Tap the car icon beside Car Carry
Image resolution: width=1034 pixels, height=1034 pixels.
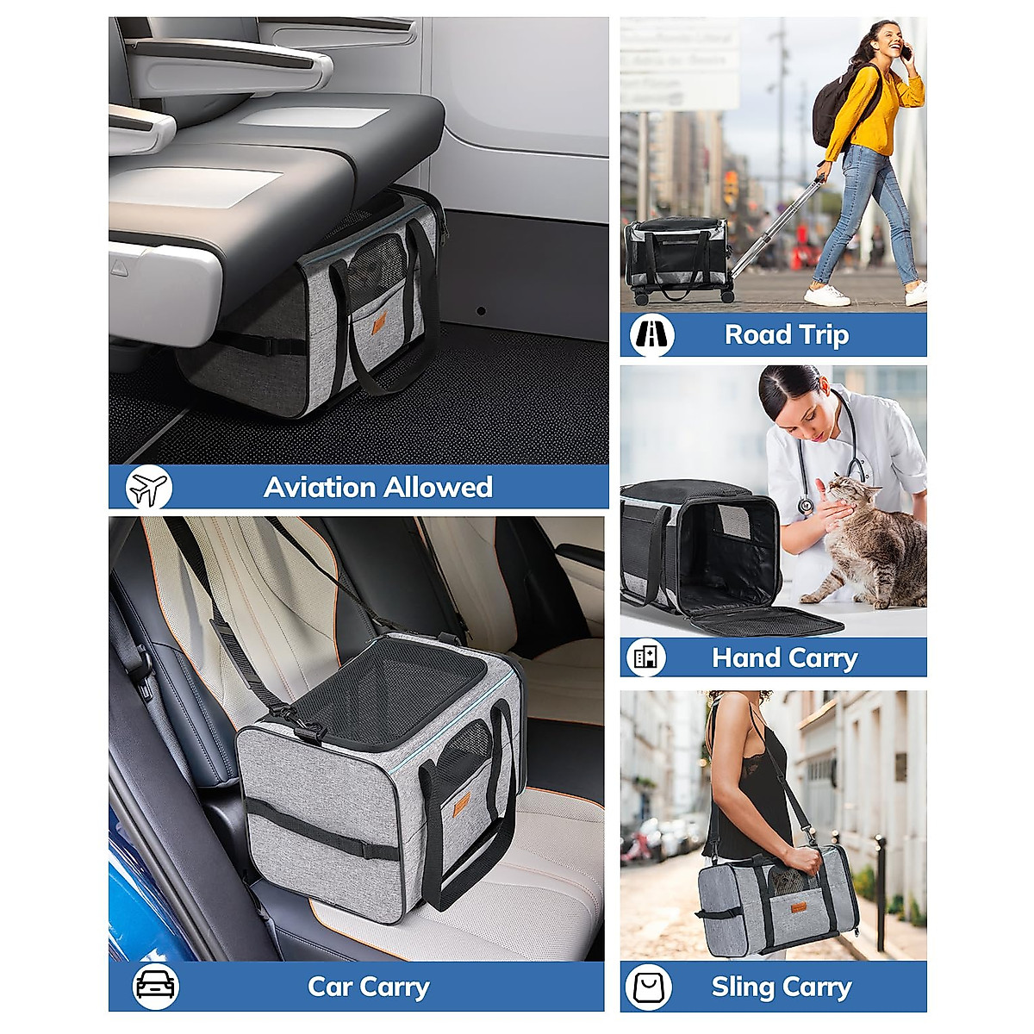[155, 986]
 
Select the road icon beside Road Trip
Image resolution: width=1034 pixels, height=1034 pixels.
[652, 335]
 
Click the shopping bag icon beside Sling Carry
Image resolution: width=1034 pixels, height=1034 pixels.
[649, 987]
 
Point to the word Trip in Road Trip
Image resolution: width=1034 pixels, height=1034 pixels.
[822, 335]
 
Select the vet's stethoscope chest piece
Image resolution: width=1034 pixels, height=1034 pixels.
[805, 506]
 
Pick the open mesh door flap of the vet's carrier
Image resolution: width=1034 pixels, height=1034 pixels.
[767, 621]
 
